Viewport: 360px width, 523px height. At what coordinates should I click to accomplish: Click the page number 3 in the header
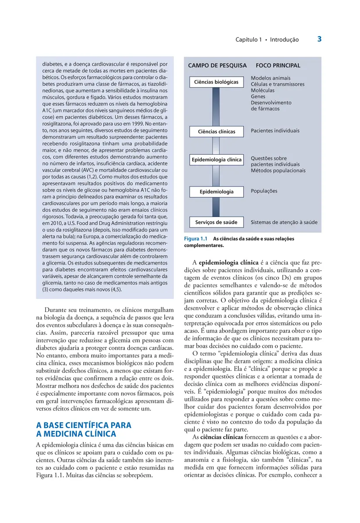point(319,39)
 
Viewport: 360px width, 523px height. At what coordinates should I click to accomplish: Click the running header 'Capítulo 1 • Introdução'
point(267,40)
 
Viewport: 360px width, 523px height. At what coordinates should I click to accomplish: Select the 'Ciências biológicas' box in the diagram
point(216,82)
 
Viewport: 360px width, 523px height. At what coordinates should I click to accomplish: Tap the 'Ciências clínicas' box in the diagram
point(216,131)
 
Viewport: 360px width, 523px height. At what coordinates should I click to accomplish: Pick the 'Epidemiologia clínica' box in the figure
point(216,160)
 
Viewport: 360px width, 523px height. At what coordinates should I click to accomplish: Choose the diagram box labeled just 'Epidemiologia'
point(216,191)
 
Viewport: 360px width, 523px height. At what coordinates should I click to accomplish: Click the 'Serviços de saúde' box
point(216,222)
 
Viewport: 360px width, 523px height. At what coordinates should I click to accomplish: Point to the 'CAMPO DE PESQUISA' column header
point(217,65)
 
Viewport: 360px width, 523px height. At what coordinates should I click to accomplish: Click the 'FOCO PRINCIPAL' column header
point(278,65)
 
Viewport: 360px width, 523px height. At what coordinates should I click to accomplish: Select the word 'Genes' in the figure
point(258,96)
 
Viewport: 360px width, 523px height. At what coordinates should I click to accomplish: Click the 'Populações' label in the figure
point(264,191)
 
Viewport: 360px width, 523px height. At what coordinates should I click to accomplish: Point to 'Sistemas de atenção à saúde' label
point(284,222)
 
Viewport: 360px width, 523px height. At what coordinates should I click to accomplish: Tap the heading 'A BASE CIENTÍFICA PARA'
point(83,425)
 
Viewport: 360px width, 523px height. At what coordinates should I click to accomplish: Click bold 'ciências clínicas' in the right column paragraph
point(222,437)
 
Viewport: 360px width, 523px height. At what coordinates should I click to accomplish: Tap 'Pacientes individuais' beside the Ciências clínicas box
point(275,131)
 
